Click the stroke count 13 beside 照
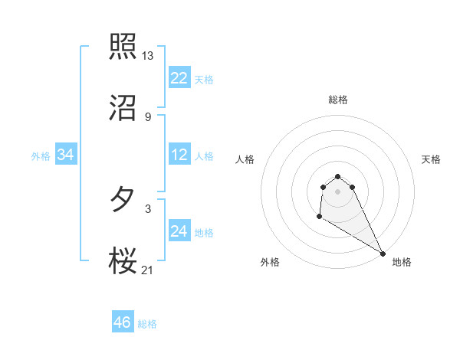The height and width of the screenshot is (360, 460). (x=148, y=56)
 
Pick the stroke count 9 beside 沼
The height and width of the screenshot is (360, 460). (x=147, y=117)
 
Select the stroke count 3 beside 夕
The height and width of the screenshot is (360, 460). (x=147, y=208)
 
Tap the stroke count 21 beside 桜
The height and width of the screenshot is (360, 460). (x=148, y=270)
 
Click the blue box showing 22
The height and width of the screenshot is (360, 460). (x=179, y=77)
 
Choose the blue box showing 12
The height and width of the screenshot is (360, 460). (x=179, y=155)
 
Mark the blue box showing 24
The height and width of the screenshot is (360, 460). (x=179, y=231)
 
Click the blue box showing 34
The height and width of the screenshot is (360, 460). (x=65, y=155)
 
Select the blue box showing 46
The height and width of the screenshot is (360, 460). (x=123, y=322)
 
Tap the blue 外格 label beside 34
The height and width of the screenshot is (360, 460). (x=41, y=156)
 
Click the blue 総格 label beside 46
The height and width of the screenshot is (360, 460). (x=147, y=324)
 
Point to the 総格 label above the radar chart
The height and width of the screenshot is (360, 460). (x=337, y=100)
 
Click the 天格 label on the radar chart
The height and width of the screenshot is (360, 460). (x=431, y=159)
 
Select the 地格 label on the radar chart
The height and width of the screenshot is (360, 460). (x=402, y=262)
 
